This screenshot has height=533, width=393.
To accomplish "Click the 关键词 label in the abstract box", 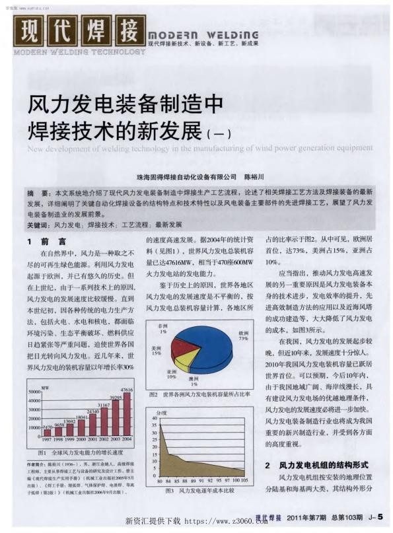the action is click(38, 225).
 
